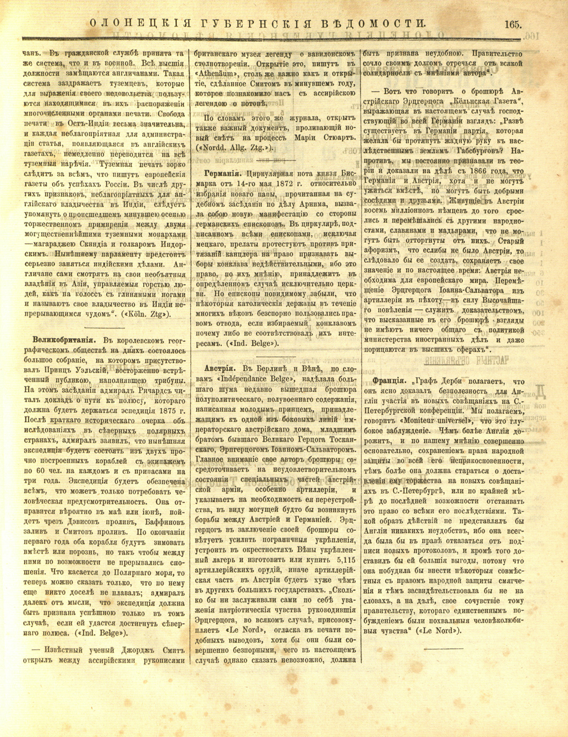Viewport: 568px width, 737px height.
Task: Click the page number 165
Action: point(514,23)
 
